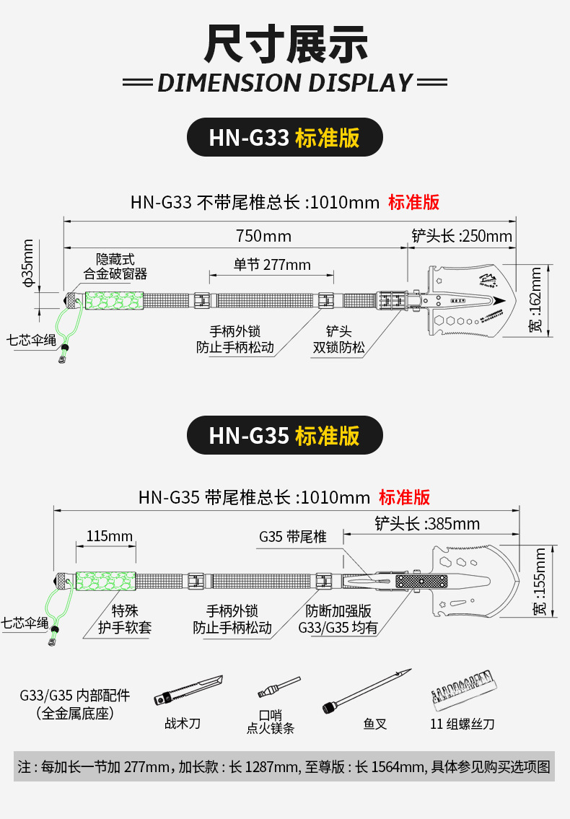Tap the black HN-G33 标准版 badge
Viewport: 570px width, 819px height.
(284, 137)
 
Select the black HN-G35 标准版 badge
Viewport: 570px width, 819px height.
(284, 435)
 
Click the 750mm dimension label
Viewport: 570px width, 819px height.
(263, 236)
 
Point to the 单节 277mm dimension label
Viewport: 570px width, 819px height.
(272, 264)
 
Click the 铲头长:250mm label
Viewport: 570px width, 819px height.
(462, 236)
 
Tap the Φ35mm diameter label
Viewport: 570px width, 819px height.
(28, 263)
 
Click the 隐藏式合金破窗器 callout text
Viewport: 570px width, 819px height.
(115, 266)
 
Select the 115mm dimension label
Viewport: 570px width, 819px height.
(110, 535)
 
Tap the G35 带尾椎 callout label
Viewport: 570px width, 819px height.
(293, 537)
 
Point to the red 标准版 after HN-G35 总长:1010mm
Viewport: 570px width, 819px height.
(404, 496)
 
